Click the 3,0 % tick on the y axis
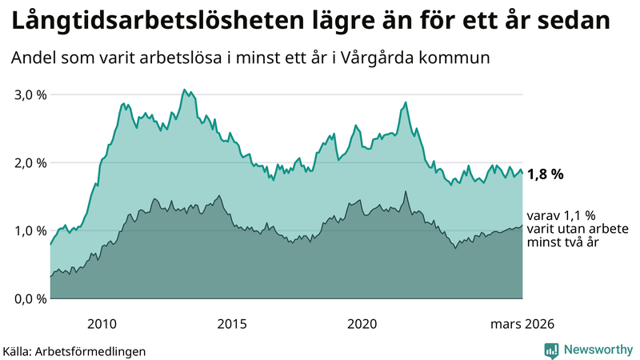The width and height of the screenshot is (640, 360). click(29, 94)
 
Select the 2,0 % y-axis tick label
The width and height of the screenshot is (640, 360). click(29, 162)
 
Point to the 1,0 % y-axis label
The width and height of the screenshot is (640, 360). click(29, 230)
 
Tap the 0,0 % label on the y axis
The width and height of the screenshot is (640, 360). click(29, 298)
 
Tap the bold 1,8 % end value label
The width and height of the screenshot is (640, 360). click(546, 174)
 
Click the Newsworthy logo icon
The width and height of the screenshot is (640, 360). click(551, 350)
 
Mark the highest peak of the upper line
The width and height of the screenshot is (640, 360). click(184, 90)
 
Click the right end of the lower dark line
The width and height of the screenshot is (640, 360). click(522, 226)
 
